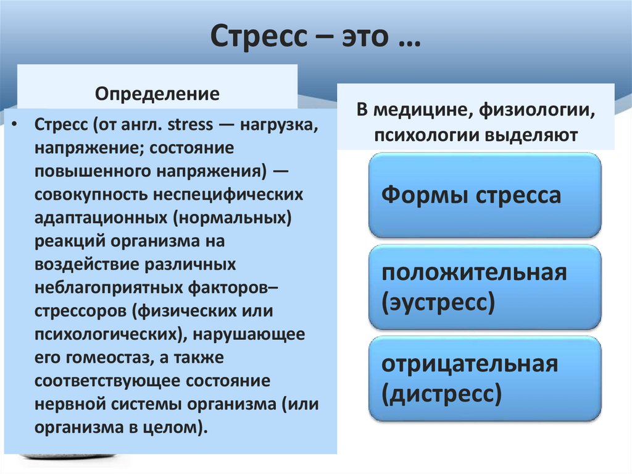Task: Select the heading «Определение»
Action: tap(157, 95)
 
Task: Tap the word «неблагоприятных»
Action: tap(117, 287)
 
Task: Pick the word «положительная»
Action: tap(474, 273)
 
